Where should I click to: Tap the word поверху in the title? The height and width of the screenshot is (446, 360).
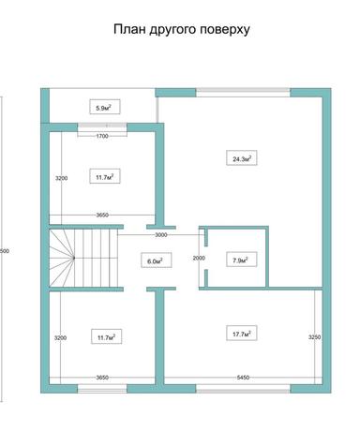(x=226, y=29)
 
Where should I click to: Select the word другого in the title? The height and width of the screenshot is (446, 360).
(x=176, y=29)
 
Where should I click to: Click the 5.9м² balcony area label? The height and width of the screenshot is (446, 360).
(x=102, y=108)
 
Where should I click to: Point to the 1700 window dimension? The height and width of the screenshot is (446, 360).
(x=102, y=136)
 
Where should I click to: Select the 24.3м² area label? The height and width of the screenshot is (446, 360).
(x=241, y=158)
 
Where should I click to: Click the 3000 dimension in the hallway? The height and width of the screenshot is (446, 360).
(x=161, y=234)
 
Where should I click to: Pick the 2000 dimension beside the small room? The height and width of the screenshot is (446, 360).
(x=198, y=258)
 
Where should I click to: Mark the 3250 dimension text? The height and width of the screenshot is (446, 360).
(x=313, y=335)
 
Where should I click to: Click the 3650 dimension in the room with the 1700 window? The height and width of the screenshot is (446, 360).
(x=102, y=215)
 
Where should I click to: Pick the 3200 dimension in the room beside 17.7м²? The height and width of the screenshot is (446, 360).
(x=59, y=337)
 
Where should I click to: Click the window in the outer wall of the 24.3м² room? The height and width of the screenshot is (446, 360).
(x=244, y=92)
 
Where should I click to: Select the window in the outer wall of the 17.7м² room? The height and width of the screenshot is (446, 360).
(x=244, y=387)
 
